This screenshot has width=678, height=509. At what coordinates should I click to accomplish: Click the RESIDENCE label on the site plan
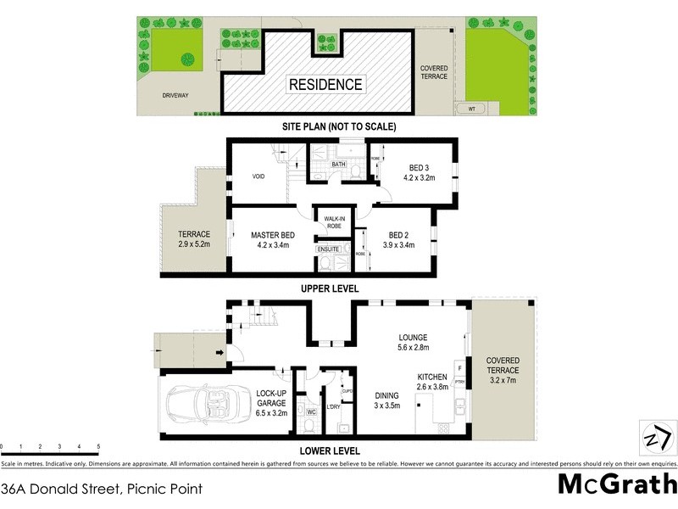point(326,84)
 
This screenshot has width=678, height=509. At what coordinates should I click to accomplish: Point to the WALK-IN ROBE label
point(329,224)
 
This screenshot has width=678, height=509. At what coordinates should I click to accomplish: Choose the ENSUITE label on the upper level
point(329,249)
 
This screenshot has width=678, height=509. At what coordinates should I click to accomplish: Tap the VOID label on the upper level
point(259,176)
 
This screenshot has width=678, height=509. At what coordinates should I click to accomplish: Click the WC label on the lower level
point(311,411)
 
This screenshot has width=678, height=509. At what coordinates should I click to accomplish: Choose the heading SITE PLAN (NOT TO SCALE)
point(339,126)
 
